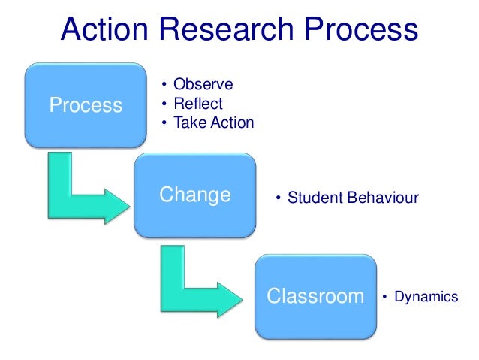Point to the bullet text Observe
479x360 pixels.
click(203, 84)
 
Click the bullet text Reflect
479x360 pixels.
click(198, 103)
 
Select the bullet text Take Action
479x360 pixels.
click(213, 122)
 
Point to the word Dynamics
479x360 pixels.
click(427, 297)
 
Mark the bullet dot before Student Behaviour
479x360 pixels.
click(277, 198)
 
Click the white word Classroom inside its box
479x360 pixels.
click(315, 296)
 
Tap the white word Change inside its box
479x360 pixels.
click(195, 195)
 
